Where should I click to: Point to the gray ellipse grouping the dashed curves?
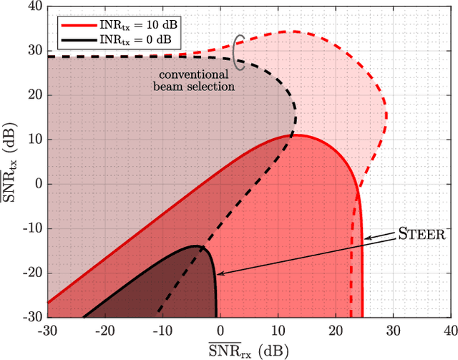[x=240, y=47]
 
